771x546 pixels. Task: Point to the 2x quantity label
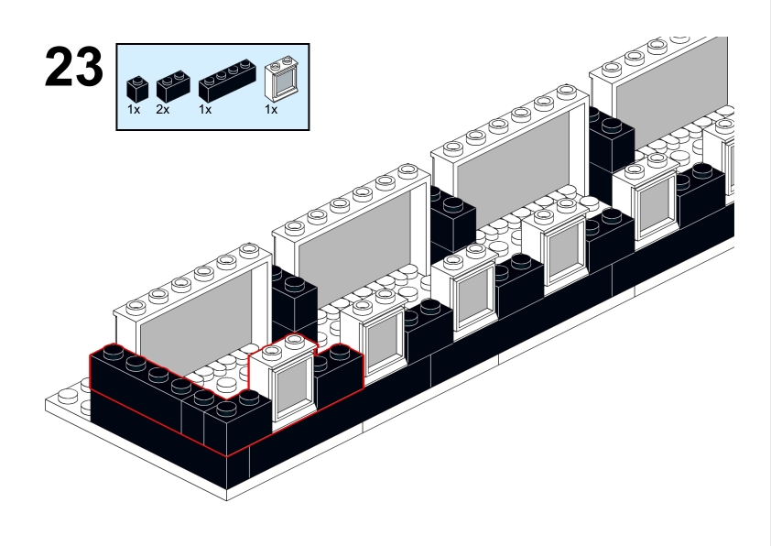[x=162, y=109]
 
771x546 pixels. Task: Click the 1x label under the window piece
[x=270, y=109]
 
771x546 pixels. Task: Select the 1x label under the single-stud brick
[x=133, y=109]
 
